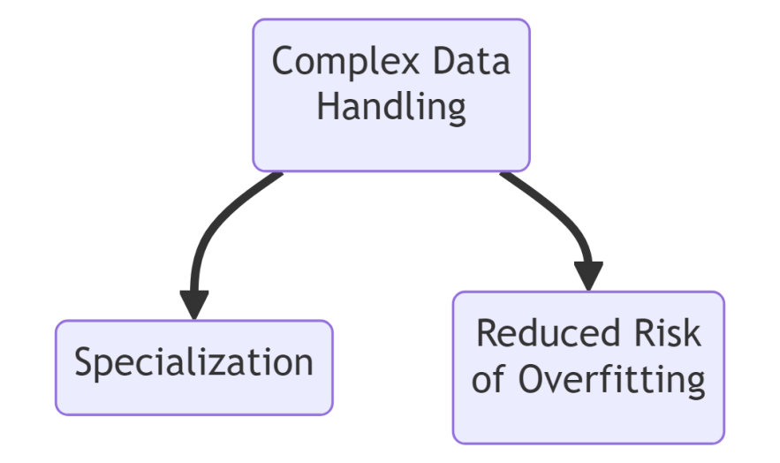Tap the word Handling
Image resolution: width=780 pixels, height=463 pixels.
click(x=391, y=107)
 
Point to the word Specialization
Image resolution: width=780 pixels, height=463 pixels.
click(x=193, y=362)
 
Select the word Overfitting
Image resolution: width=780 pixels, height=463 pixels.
click(x=610, y=380)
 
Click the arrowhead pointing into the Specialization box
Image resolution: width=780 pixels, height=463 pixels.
click(x=193, y=304)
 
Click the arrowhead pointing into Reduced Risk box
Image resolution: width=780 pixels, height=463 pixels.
click(x=588, y=276)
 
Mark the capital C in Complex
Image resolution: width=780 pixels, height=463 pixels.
click(x=283, y=63)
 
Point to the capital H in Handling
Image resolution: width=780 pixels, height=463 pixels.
click(x=328, y=107)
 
